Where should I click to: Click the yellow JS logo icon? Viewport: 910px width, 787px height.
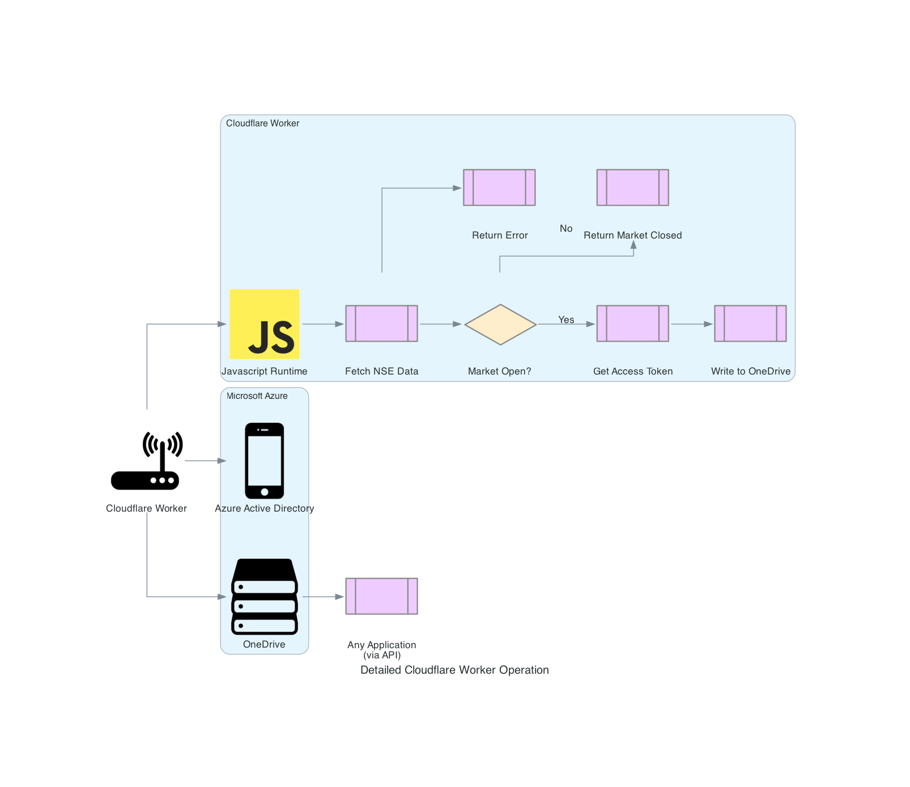(265, 324)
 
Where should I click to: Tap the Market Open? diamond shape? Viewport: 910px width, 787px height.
(500, 324)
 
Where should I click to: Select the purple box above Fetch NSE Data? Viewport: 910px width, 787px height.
(381, 324)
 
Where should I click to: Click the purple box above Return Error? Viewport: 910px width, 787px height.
(499, 188)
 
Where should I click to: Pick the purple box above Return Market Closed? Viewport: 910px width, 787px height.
(632, 188)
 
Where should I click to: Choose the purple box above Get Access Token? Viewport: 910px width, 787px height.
(632, 324)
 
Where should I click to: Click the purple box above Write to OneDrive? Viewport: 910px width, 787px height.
(750, 324)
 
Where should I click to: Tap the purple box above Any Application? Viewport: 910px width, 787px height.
(381, 596)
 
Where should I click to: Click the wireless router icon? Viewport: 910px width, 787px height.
(147, 461)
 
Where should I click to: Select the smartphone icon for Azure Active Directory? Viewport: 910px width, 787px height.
(265, 461)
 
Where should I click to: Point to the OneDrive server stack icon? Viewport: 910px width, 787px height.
(265, 597)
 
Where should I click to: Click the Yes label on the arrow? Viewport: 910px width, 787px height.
(566, 320)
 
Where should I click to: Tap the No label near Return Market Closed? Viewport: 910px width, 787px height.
(566, 228)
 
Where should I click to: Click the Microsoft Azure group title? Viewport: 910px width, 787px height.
(257, 396)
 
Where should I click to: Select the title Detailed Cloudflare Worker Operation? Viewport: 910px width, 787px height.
(454, 670)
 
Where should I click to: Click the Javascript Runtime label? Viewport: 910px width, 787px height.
(265, 371)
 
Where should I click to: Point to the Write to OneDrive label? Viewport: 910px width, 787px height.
(750, 371)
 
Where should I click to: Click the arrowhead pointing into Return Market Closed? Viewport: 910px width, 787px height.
(633, 245)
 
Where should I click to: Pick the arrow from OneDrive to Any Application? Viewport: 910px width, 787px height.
(323, 597)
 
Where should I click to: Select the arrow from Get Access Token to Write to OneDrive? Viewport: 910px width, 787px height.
(691, 324)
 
